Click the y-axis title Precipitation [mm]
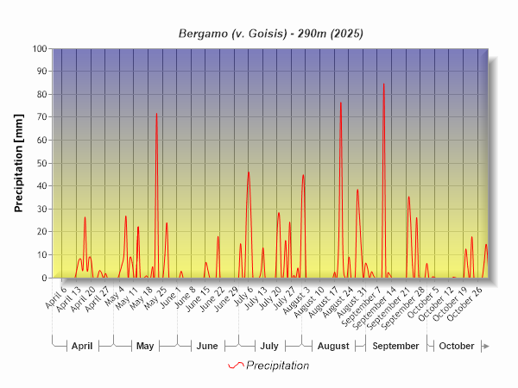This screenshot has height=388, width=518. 19,163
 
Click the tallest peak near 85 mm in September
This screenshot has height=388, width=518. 383,84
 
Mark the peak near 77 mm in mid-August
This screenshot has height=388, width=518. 340,103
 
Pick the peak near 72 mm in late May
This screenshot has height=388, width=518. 156,114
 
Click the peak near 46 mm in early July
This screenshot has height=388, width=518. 249,172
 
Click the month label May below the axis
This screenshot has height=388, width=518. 145,346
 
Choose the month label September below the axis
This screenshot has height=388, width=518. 395,346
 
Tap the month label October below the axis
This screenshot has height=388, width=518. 457,346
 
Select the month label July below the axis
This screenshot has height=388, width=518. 269,346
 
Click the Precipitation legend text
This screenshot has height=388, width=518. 278,366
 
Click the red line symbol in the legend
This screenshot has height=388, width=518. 236,366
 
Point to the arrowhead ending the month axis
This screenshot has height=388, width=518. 486,346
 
